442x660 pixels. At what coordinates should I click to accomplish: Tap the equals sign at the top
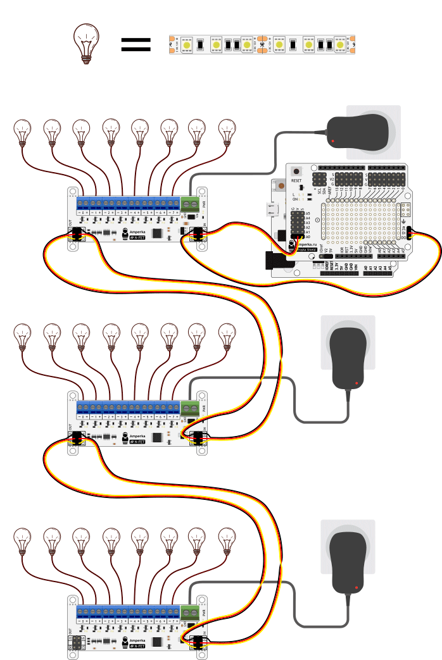[x=136, y=44]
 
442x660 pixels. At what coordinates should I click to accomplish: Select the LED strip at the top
[x=263, y=45]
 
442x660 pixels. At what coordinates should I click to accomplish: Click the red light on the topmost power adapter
[x=332, y=139]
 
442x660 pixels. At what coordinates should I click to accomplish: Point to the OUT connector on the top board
[x=77, y=234]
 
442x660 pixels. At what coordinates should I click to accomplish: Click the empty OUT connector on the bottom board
[x=77, y=643]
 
